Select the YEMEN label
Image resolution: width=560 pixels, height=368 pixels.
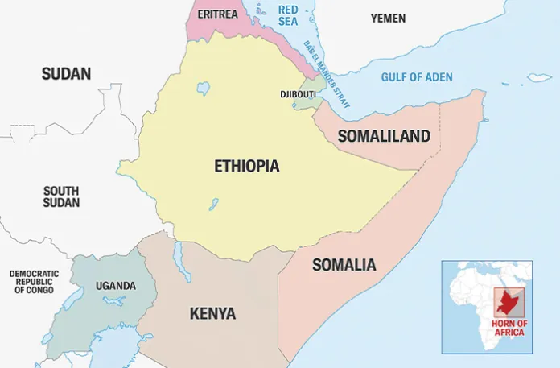point(388,18)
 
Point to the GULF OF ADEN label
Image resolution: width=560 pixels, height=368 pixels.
point(417,77)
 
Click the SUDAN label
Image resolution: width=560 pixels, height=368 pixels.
point(66,74)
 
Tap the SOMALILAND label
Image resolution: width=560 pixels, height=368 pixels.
point(384,136)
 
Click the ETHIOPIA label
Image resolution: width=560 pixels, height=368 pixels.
point(246,167)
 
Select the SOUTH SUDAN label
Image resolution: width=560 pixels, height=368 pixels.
point(61,196)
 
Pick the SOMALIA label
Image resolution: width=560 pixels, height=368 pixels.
point(344,265)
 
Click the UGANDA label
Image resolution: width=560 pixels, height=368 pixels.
point(116,286)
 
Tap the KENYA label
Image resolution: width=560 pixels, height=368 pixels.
point(212,313)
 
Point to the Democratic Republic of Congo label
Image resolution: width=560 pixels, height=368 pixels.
point(34,282)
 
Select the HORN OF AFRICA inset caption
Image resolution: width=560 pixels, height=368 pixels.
point(509,328)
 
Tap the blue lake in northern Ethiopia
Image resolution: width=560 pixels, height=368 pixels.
point(203,87)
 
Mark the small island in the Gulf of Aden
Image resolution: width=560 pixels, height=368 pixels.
point(539,78)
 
